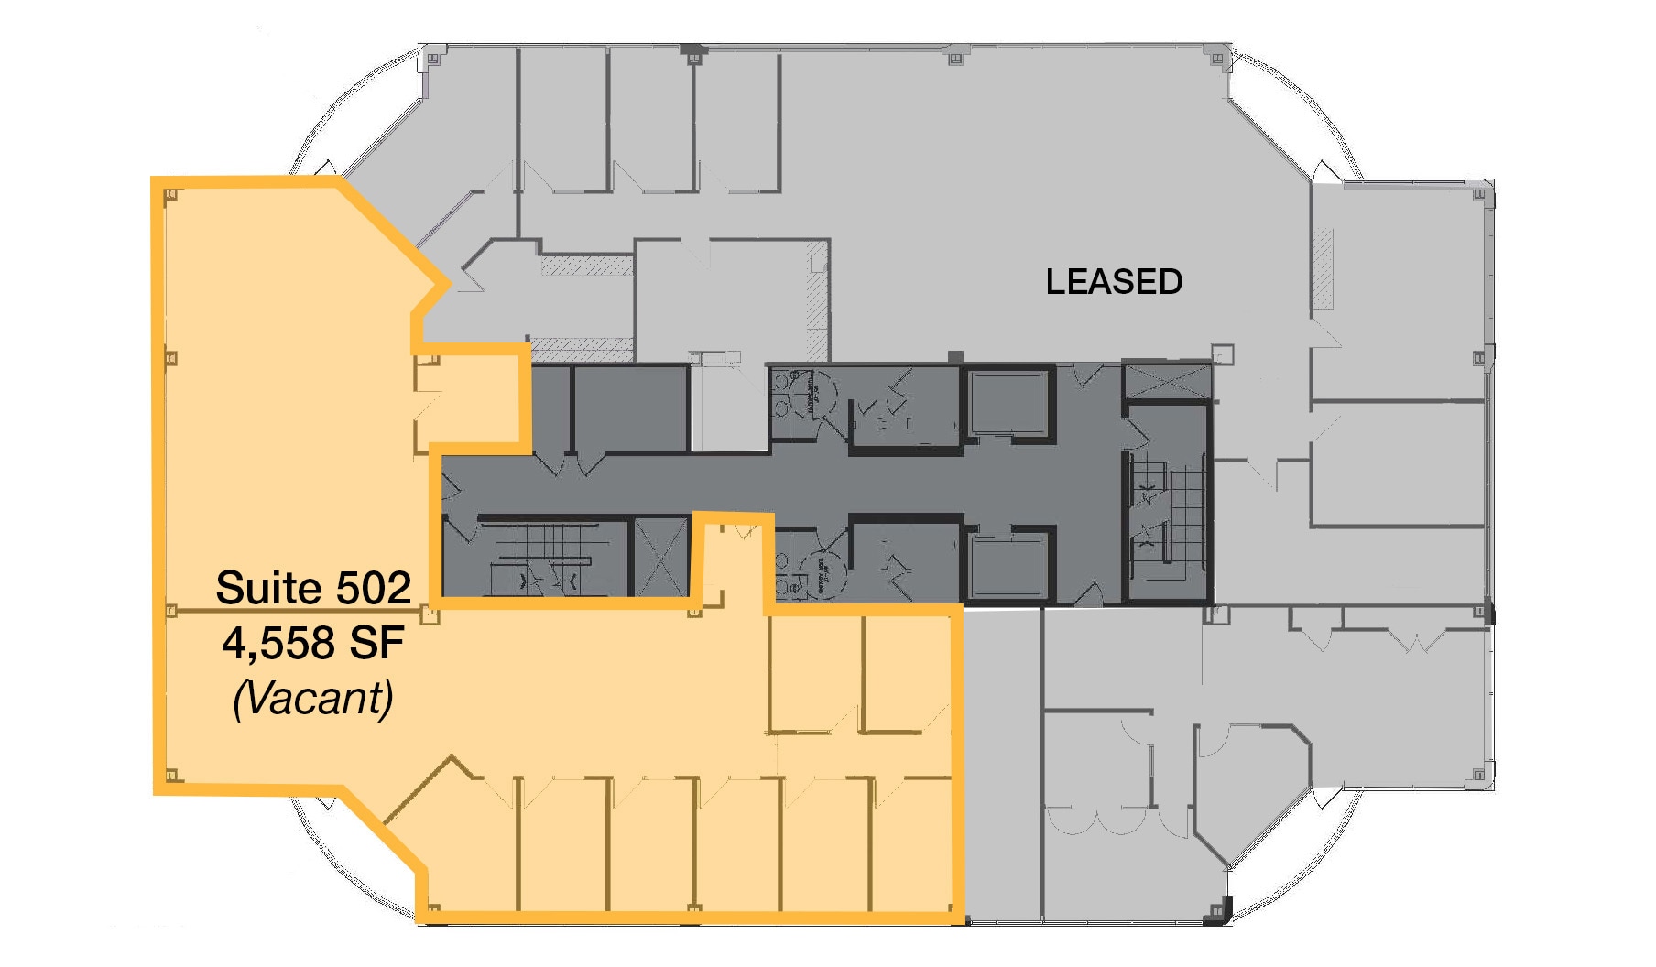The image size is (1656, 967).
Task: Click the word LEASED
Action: pyautogui.click(x=1114, y=282)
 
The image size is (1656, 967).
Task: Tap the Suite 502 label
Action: pyautogui.click(x=313, y=588)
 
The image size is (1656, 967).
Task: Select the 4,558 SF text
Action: pyautogui.click(x=313, y=643)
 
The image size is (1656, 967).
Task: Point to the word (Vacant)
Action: pyautogui.click(x=313, y=699)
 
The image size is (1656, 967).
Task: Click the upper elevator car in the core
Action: pyautogui.click(x=1006, y=403)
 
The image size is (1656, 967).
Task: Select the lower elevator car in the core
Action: pyautogui.click(x=1006, y=568)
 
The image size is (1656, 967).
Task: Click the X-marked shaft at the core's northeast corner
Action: pyautogui.click(x=1167, y=381)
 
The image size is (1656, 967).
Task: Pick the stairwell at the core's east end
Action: pyautogui.click(x=1167, y=513)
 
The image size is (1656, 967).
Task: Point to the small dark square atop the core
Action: pyautogui.click(x=955, y=356)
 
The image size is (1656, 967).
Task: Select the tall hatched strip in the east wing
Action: pyautogui.click(x=1323, y=269)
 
